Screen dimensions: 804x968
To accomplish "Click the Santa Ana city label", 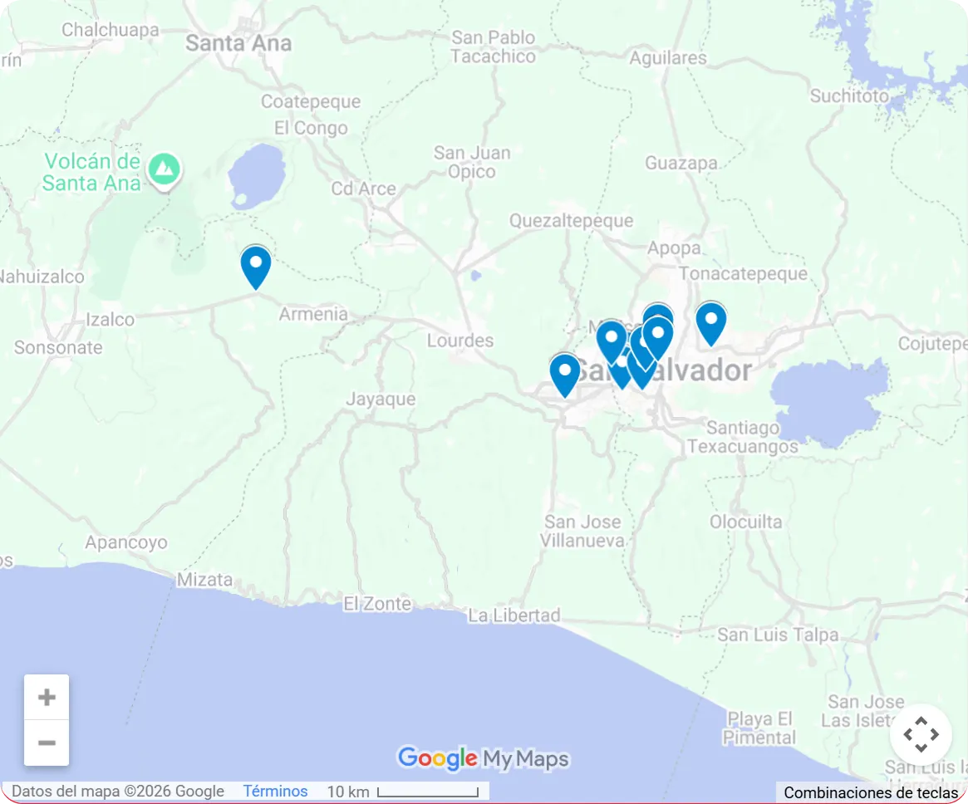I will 238,43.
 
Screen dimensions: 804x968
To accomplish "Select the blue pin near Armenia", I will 256,266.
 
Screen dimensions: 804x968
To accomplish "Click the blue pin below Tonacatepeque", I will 710,321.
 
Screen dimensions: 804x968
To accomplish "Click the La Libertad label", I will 514,615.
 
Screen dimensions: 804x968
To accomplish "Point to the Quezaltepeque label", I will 571,221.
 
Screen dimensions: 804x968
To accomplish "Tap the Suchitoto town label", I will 849,96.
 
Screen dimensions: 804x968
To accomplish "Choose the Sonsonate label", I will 58,347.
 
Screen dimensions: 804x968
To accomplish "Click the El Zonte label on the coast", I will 377,604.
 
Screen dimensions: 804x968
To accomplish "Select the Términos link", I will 275,792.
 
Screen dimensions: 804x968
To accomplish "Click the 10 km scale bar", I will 427,792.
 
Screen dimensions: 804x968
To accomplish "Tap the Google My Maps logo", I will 483,758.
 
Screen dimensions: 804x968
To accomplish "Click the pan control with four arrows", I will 920,734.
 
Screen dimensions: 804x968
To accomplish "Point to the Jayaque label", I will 381,400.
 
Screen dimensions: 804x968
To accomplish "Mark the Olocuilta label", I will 745,522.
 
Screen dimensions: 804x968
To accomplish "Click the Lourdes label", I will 460,341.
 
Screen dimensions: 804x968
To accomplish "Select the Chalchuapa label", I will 110,30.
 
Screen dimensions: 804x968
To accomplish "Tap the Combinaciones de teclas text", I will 870,793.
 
